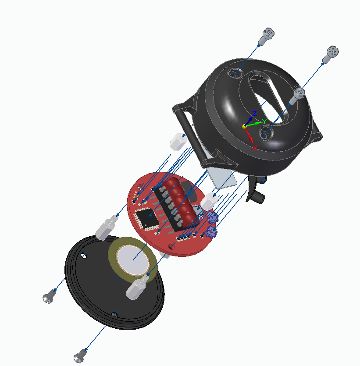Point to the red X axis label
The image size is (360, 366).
[x=255, y=148]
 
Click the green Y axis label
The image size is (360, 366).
[x=264, y=121]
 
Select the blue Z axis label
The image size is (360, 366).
[x=253, y=114]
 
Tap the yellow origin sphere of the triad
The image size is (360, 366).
[x=244, y=126]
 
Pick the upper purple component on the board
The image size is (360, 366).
[x=213, y=217]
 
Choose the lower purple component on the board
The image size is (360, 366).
[x=212, y=232]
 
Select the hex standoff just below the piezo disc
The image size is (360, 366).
[x=136, y=288]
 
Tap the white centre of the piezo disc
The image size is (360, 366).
[x=133, y=259]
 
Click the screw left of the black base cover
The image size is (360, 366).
[x=49, y=296]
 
